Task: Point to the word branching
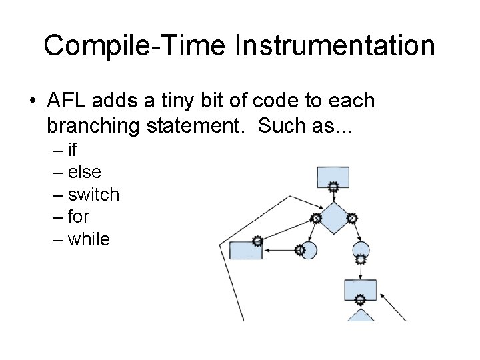(93, 124)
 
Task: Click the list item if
(73, 150)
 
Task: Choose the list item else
(85, 172)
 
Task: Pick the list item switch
(93, 195)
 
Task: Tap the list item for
(79, 217)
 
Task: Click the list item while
(89, 239)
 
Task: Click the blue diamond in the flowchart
(334, 219)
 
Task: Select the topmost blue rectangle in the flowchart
(333, 177)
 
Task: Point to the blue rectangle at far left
(245, 250)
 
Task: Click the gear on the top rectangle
(333, 189)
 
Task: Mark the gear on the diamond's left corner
(317, 218)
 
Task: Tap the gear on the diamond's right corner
(352, 218)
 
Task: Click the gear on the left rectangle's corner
(257, 241)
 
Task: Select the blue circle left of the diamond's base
(307, 250)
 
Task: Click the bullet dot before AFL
(33, 101)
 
